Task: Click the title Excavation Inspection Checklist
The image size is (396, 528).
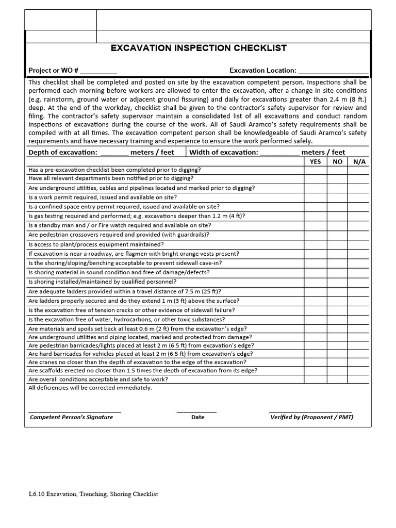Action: (x=199, y=48)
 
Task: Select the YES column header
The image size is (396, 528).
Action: (x=315, y=161)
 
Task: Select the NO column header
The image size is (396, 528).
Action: (x=337, y=161)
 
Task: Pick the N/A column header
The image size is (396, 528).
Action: (x=359, y=161)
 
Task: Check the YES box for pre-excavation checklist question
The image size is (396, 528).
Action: (x=315, y=170)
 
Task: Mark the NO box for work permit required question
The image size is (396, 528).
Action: (x=337, y=197)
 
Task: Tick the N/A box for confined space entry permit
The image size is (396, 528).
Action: (x=359, y=207)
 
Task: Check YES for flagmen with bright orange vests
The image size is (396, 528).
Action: (x=315, y=254)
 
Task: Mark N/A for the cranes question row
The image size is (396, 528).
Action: (x=359, y=362)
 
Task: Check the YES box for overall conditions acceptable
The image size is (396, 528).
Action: (x=315, y=379)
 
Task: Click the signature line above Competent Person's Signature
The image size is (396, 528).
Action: (x=75, y=411)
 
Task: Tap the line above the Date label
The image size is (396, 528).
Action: (x=196, y=411)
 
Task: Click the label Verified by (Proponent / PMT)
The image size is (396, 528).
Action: (x=311, y=417)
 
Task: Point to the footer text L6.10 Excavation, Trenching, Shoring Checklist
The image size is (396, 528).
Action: (x=93, y=494)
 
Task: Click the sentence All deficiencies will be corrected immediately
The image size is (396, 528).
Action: (x=90, y=388)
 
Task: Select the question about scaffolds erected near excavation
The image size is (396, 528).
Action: (x=143, y=371)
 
